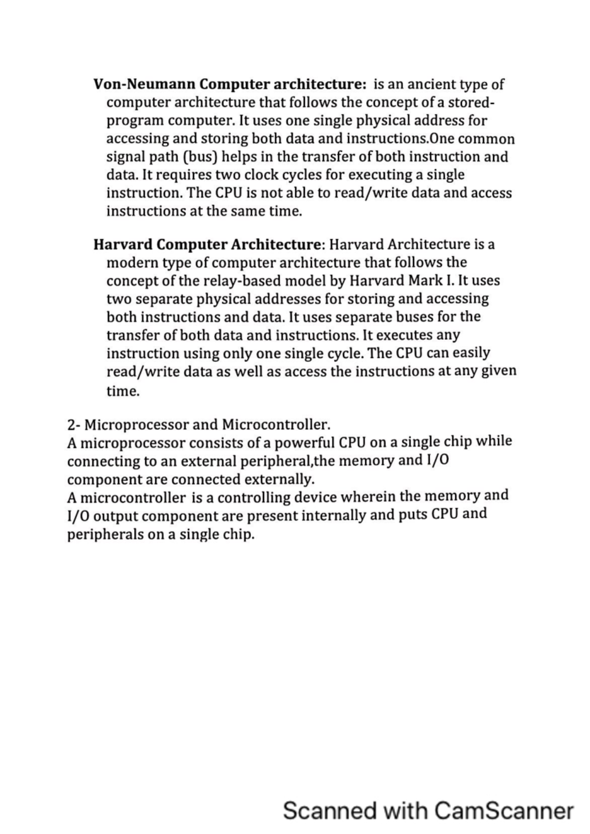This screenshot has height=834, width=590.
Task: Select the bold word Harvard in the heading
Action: point(123,244)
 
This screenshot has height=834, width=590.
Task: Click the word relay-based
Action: point(241,281)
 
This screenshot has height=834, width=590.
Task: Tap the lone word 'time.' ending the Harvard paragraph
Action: point(123,391)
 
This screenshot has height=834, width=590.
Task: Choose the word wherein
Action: point(369,497)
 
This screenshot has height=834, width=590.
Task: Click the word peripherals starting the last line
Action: point(105,534)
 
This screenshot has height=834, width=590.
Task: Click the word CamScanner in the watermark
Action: point(504,811)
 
